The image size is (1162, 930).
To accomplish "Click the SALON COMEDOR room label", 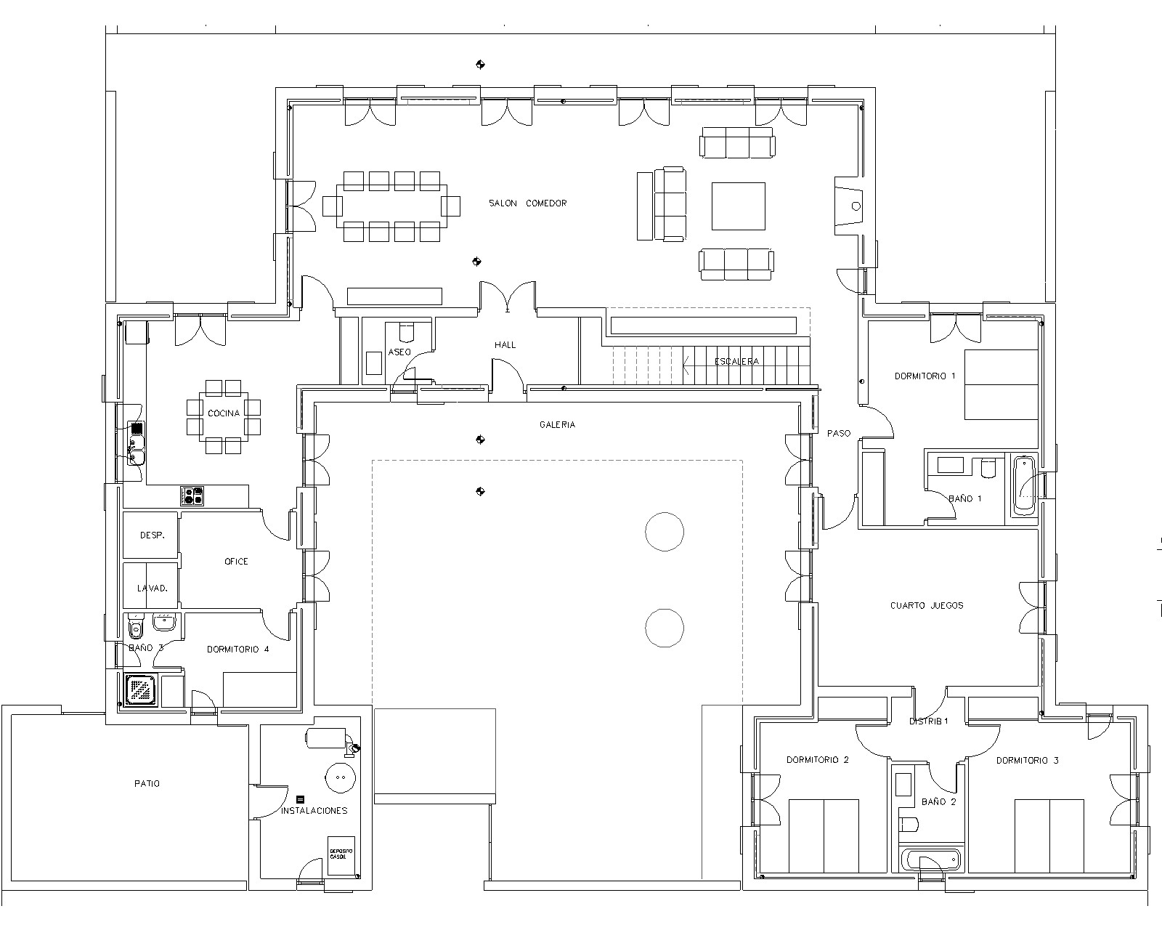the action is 527,203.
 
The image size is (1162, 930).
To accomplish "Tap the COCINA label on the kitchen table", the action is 224,413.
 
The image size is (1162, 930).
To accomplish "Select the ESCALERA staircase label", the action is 736,362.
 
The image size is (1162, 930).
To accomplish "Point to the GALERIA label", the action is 557,425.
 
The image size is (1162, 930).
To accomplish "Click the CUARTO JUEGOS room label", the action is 927,606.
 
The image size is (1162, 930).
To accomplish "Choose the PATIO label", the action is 147,783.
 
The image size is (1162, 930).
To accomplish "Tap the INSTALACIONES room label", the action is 314,811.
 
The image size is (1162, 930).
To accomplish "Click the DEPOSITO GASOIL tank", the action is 342,855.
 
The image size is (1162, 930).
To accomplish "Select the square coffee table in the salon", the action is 738,206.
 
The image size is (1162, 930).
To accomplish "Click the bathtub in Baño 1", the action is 1024,486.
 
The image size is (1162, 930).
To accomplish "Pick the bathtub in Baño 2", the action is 932,860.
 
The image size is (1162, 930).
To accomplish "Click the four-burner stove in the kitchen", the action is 192,496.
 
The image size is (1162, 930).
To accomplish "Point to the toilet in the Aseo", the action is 406,332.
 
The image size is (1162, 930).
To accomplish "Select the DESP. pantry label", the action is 153,535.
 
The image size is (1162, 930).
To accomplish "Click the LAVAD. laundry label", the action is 153,589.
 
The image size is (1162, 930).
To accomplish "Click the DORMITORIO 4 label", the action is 237,650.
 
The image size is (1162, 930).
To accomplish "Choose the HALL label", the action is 505,345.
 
